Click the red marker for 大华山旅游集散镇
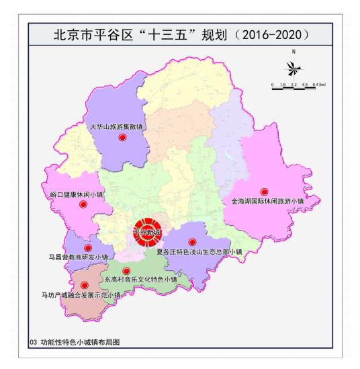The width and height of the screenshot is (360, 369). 122,137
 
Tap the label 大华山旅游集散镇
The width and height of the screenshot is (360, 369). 118,126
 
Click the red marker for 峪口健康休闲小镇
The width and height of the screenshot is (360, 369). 83,206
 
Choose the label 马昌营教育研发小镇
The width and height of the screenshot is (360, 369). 78,257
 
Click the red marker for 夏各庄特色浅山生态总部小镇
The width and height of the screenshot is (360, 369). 192,242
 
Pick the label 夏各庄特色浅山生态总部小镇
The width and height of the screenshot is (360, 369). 198,252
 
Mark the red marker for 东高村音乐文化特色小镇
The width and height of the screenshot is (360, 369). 126,271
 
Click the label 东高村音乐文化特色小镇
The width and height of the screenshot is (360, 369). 140,279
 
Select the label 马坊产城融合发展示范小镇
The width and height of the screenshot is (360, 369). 81,294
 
